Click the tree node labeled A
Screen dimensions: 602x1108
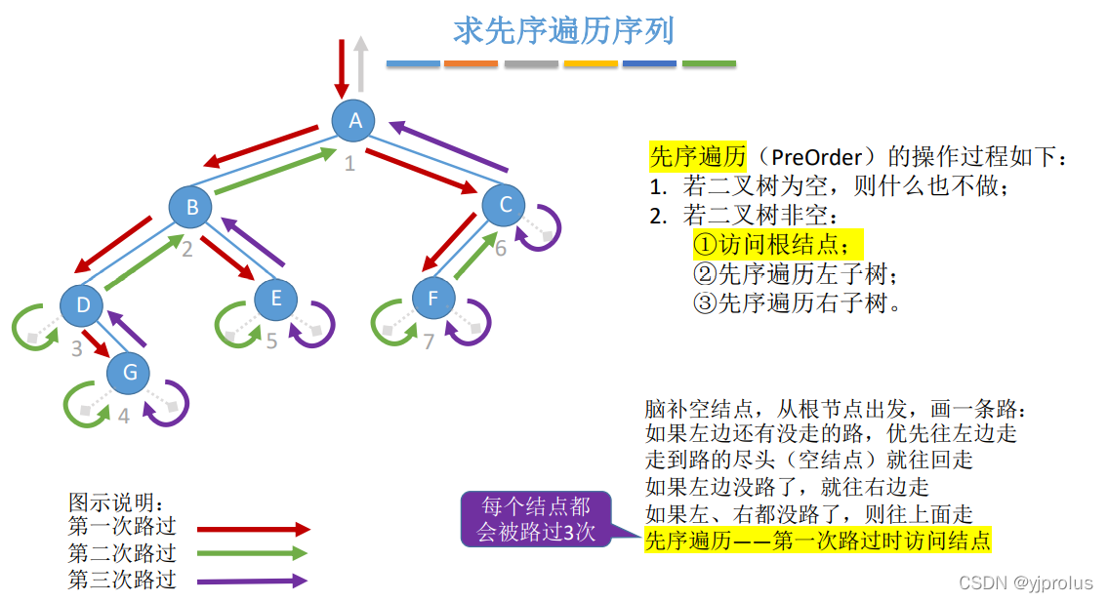355,121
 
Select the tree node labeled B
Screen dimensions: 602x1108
192,207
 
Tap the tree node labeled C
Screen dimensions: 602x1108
505,205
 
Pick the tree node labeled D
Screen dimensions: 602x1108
83,306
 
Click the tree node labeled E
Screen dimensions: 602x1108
276,299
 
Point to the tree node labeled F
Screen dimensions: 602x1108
433,299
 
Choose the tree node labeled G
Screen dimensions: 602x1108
129,372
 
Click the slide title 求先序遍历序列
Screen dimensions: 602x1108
563,31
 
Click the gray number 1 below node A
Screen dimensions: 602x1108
349,162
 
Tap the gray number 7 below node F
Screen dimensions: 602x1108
428,341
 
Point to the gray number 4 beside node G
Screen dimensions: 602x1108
123,416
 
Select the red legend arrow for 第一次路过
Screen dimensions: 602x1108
253,530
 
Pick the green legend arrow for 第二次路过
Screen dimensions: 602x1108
253,554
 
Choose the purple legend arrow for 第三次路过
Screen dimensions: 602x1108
253,581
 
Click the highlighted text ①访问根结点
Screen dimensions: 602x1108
778,244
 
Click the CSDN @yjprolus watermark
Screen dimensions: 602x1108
1025,582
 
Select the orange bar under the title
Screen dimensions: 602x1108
471,64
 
